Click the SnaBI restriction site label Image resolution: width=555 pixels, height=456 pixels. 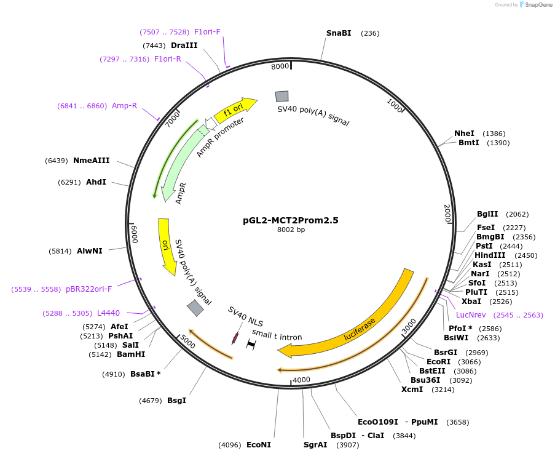click(x=338, y=33)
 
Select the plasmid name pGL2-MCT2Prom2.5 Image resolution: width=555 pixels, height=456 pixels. click(x=291, y=220)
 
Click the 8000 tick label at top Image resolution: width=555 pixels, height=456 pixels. click(x=280, y=66)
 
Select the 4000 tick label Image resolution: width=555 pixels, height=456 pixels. click(x=301, y=380)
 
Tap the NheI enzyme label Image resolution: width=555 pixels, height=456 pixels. click(x=464, y=134)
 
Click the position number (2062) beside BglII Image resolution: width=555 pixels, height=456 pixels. click(x=517, y=214)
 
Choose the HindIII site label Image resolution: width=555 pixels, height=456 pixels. click(x=490, y=255)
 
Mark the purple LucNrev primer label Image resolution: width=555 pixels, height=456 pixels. click(x=471, y=314)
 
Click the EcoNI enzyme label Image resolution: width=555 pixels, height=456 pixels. click(x=258, y=444)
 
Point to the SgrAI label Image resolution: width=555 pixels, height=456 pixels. click(x=315, y=444)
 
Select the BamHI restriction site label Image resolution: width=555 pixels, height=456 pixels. click(x=130, y=354)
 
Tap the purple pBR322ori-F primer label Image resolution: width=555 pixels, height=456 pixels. click(x=89, y=289)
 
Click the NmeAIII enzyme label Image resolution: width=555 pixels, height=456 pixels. click(x=91, y=161)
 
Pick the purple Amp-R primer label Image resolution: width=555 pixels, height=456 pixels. click(x=124, y=106)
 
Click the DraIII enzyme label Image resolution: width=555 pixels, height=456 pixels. click(x=184, y=46)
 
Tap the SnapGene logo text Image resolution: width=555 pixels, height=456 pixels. click(x=539, y=5)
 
